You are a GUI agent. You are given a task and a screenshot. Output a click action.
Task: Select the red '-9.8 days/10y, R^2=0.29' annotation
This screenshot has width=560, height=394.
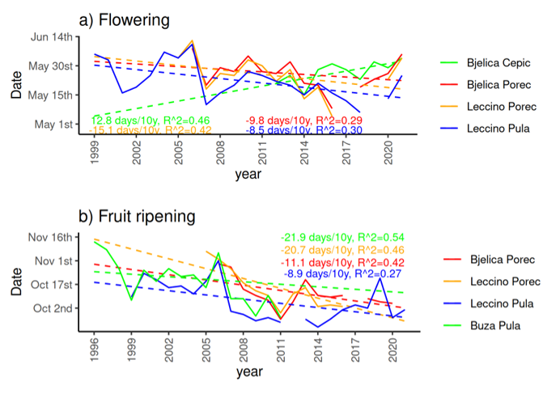pos(304,120)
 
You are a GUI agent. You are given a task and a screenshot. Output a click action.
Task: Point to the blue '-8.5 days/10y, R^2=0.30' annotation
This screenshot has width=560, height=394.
pos(304,129)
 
